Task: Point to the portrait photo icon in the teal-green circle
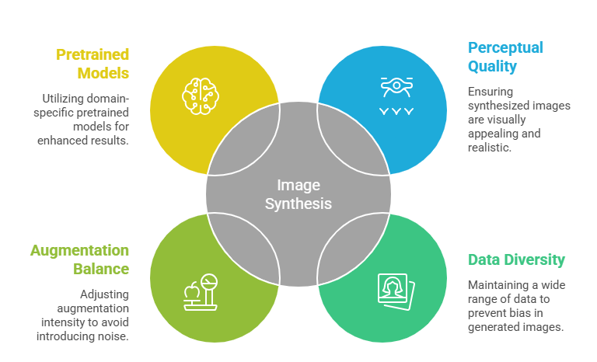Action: pos(396,291)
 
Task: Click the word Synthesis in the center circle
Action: pos(298,204)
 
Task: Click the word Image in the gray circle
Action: pos(298,186)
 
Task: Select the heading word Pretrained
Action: pos(92,54)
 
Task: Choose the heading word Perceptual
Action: pos(505,47)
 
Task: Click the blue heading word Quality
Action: pos(492,66)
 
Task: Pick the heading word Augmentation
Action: pos(79,251)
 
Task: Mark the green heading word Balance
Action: pos(102,270)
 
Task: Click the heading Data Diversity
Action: pos(516,260)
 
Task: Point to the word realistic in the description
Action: pos(489,147)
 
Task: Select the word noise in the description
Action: pos(112,336)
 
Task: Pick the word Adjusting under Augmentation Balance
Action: pos(104,295)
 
